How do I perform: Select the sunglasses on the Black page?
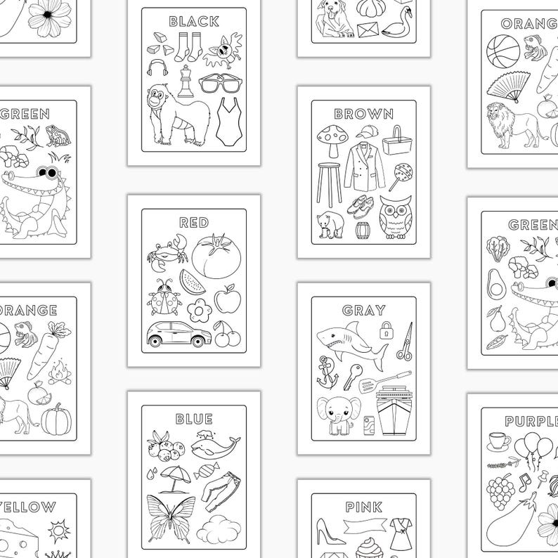[221, 84]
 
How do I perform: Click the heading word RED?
[194, 223]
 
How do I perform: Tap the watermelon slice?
[193, 281]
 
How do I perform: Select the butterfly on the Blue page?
[171, 517]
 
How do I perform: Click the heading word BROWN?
[363, 114]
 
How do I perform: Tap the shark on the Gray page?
[349, 340]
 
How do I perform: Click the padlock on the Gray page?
[385, 329]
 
